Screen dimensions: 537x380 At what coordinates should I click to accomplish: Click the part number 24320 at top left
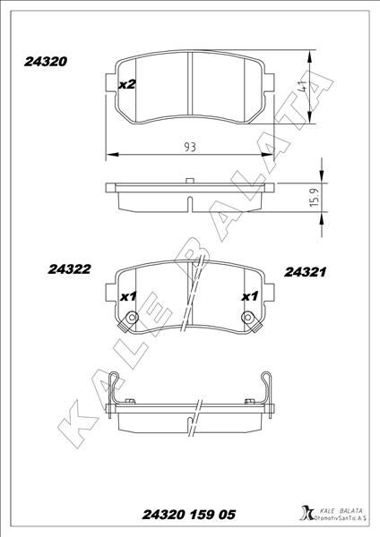40,64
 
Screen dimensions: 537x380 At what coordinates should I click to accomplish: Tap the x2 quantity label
126,84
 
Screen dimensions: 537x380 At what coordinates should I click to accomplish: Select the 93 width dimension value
189,145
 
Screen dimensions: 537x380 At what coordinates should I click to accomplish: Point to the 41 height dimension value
305,88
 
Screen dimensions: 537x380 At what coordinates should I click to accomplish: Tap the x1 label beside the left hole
126,296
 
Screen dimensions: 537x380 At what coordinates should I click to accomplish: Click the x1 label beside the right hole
248,296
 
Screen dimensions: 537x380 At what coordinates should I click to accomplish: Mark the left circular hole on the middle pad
132,318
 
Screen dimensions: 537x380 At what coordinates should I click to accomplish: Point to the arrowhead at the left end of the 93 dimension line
109,156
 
